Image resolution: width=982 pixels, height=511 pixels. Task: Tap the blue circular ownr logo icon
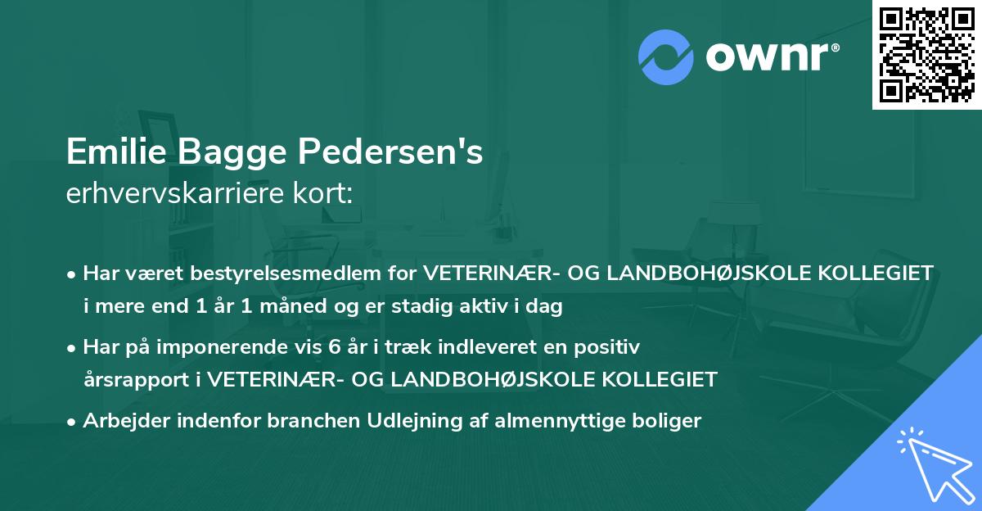click(x=664, y=55)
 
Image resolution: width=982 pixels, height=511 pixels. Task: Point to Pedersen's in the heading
click(x=391, y=152)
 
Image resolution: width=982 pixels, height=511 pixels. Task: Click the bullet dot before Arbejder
click(x=73, y=422)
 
